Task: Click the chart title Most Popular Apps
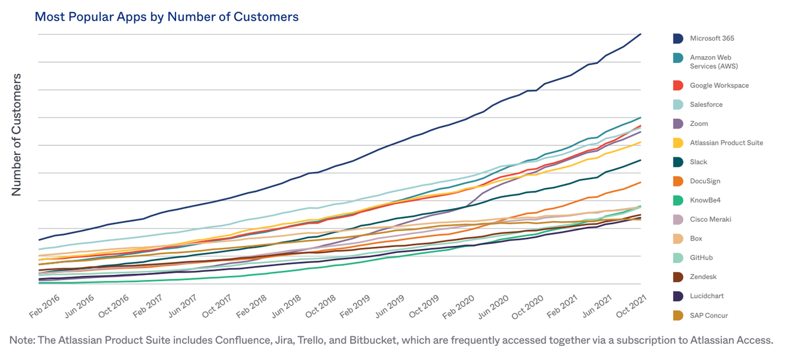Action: (166, 17)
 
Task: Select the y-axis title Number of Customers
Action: (17, 135)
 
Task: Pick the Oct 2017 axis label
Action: (216, 307)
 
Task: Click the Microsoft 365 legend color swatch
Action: (678, 38)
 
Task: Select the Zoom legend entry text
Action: (699, 124)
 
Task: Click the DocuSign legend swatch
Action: (678, 181)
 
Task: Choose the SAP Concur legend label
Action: (709, 315)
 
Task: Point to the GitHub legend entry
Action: (701, 258)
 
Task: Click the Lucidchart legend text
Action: (706, 296)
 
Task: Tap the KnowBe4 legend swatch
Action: (678, 200)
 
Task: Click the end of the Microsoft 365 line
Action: (641, 34)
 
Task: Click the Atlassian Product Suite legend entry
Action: (726, 142)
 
